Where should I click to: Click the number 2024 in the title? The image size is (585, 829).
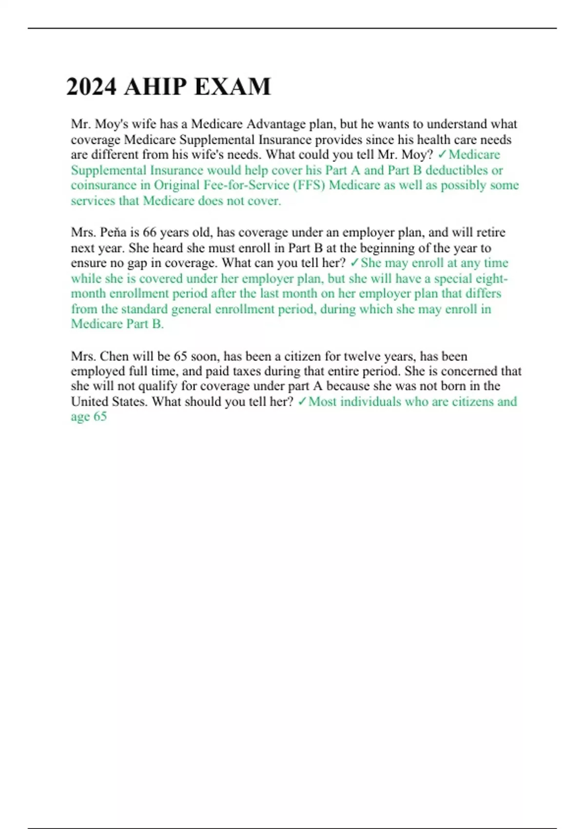tap(91, 87)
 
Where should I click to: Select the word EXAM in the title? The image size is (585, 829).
tap(232, 87)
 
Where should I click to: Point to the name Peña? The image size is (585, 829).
tap(113, 232)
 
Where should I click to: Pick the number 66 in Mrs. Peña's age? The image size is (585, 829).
tap(149, 232)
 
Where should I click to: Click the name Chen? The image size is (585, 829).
tap(114, 356)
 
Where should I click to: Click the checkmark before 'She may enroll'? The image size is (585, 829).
tap(354, 263)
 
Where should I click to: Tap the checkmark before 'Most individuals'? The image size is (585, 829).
tap(302, 401)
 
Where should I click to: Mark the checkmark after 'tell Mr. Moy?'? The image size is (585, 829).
tap(442, 155)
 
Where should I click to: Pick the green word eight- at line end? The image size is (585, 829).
tap(491, 278)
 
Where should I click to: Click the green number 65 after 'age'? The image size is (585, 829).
tap(100, 416)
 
